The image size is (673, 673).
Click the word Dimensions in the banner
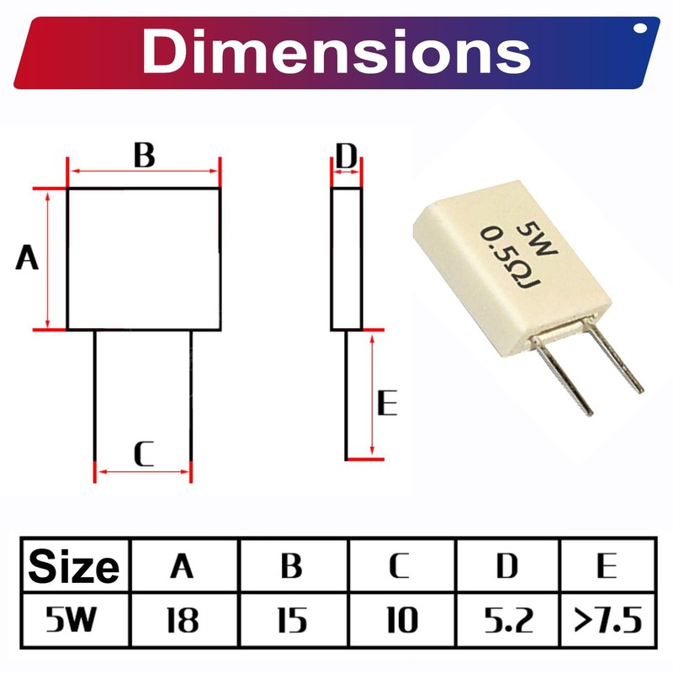336,52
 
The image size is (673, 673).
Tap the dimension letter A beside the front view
28,259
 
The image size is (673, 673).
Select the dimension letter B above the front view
144,156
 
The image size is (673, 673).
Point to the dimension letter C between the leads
144,455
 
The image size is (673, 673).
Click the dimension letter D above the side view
347,156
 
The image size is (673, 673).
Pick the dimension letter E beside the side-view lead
386,405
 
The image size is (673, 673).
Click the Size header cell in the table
74,566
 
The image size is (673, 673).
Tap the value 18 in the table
182,622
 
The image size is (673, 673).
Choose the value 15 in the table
291,622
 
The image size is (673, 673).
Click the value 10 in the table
400,622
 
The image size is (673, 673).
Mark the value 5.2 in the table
507,622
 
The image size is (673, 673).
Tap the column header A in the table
182,566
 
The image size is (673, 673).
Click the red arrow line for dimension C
143,471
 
